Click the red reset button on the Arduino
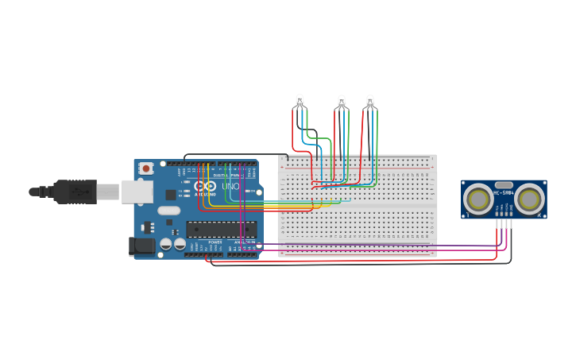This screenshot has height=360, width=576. point(146,168)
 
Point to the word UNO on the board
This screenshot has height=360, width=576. point(230,187)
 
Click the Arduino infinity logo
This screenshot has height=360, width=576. point(205,186)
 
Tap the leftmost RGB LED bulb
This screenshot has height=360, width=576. point(300,100)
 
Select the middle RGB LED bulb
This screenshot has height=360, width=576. point(342,101)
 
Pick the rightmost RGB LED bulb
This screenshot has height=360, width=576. point(369,100)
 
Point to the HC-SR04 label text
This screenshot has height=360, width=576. point(504,192)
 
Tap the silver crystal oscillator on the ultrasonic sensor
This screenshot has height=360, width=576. point(504,184)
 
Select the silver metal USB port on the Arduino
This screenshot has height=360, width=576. point(136,191)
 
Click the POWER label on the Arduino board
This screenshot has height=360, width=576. point(215,242)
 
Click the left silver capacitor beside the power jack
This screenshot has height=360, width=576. point(165,245)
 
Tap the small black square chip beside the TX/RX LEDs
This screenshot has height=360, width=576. point(171,194)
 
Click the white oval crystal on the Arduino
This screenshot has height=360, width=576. point(168,211)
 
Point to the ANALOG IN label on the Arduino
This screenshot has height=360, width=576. point(242,242)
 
